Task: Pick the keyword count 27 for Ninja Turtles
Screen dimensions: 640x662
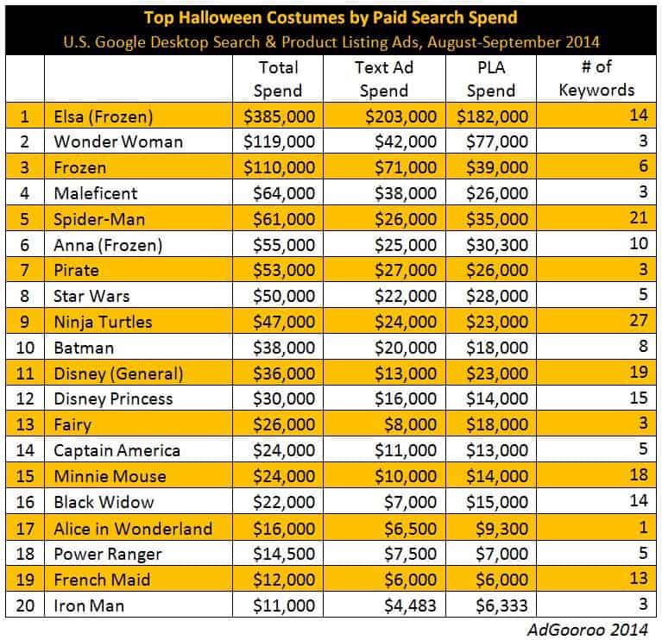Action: [x=638, y=322]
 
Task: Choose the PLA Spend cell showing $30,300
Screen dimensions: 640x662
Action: [x=495, y=244]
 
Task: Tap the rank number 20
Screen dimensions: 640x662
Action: [x=26, y=605]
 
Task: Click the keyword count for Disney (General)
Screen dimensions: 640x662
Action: [x=638, y=373]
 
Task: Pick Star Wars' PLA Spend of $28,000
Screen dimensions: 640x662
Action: [x=495, y=296]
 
